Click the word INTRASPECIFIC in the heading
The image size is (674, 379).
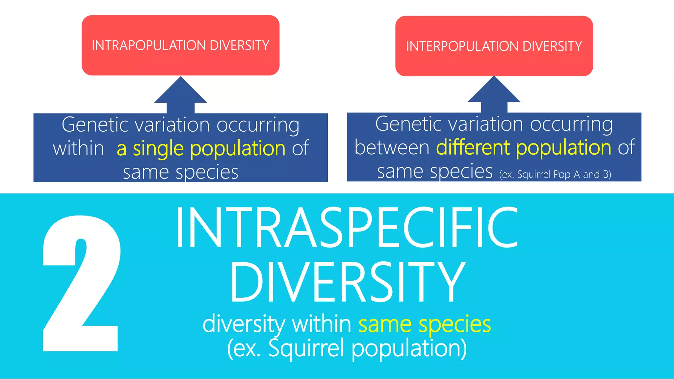(347, 228)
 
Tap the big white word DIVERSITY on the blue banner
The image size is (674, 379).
(347, 282)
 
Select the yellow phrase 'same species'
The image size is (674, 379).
(425, 324)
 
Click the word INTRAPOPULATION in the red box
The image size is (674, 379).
(149, 46)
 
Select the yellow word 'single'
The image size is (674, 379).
(158, 149)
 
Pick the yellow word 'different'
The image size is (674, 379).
(473, 147)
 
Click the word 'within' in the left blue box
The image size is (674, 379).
(78, 149)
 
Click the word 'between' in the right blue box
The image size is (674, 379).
(392, 147)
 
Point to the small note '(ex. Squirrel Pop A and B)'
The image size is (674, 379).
(555, 174)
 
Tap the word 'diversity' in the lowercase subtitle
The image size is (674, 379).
(244, 324)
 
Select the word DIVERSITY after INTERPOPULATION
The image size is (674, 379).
(552, 46)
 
